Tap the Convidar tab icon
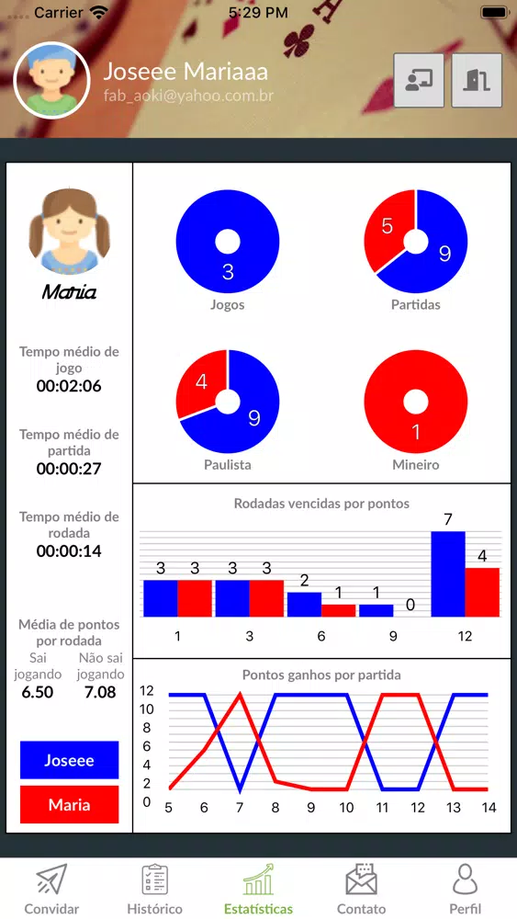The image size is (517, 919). [x=52, y=879]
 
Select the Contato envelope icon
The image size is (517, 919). [x=361, y=879]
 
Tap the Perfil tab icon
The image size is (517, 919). [x=465, y=879]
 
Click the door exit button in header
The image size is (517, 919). [x=477, y=80]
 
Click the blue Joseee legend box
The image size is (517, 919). [x=69, y=760]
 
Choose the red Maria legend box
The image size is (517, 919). [x=69, y=805]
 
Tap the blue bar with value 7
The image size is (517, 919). [x=448, y=573]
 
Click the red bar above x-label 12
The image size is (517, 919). [x=482, y=592]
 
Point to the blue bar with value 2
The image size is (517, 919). [x=304, y=605]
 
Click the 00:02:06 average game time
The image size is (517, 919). [x=69, y=386]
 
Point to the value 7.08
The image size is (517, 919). [x=100, y=692]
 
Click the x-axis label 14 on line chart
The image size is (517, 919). [x=489, y=808]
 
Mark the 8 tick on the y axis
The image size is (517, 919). [x=147, y=728]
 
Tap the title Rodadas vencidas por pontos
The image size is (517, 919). [x=321, y=504]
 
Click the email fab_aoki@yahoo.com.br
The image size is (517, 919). [x=188, y=96]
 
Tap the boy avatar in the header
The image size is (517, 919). [x=51, y=80]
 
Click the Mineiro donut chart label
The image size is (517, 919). [x=416, y=465]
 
